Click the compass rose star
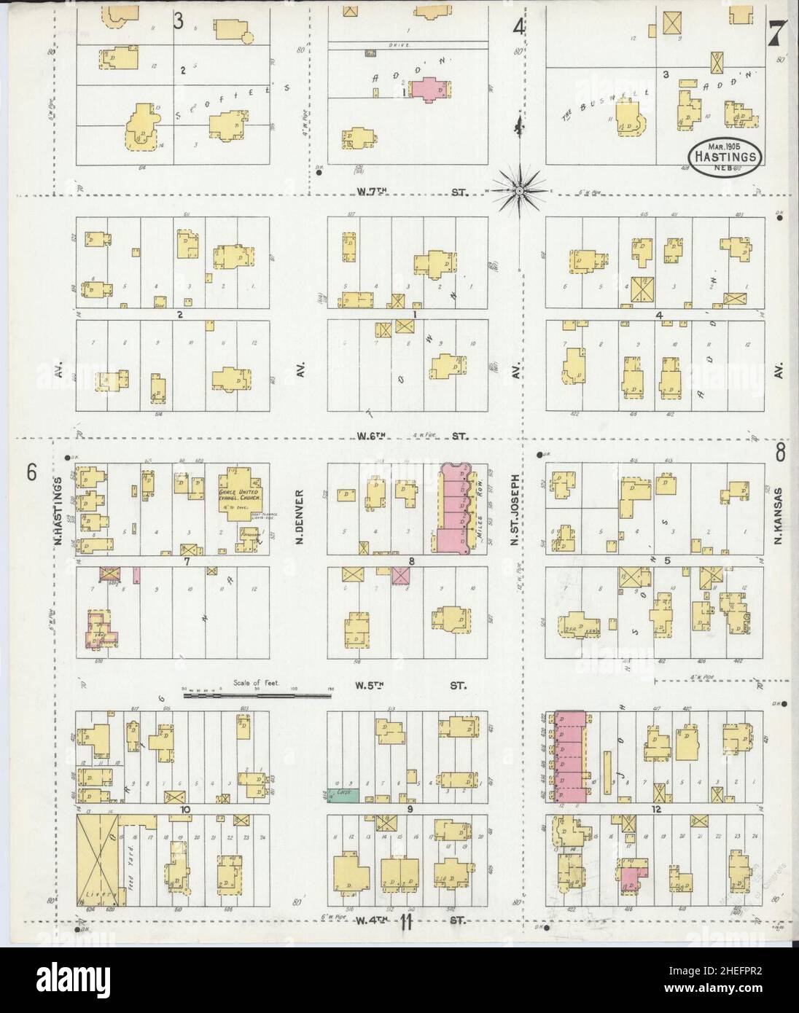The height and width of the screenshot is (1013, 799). click(x=518, y=191)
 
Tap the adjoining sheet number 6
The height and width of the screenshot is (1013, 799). click(x=31, y=472)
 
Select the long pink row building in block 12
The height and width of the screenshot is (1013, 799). click(x=571, y=756)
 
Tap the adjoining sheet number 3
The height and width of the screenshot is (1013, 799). click(x=178, y=21)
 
